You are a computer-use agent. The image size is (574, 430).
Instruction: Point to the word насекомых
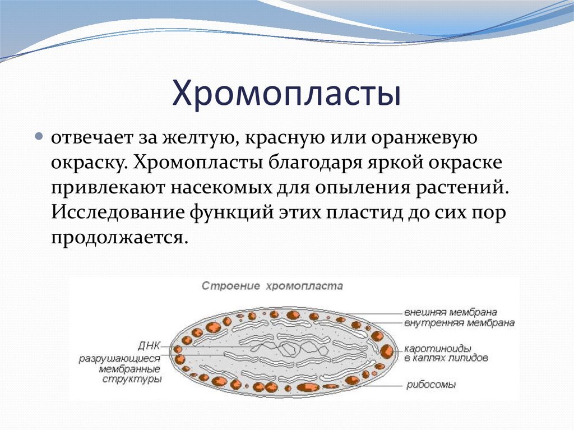(221, 188)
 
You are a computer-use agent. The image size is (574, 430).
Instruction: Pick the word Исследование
(118, 213)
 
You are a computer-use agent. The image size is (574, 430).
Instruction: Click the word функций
(232, 213)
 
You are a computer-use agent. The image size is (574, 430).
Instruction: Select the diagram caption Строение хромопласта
(272, 286)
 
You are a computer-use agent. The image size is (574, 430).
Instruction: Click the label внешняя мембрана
(451, 312)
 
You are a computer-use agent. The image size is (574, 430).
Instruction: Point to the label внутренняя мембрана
(460, 323)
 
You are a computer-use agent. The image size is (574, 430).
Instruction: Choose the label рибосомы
(431, 385)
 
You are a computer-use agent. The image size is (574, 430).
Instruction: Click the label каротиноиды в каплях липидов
(446, 353)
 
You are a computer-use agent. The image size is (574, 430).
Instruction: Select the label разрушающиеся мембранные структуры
(120, 368)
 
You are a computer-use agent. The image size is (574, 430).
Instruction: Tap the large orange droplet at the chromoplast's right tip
(387, 352)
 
